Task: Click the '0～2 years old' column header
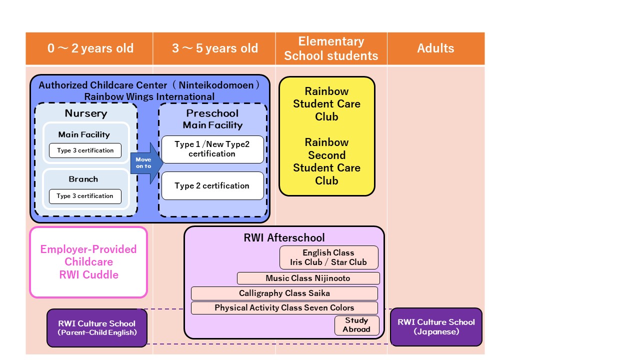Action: tap(90, 48)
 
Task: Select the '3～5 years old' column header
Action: tap(214, 48)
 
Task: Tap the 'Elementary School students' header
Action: tap(331, 48)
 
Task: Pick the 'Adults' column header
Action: tap(435, 48)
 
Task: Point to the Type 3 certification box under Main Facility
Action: tap(85, 150)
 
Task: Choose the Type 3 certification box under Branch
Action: tap(85, 196)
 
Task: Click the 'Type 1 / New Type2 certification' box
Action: tap(212, 149)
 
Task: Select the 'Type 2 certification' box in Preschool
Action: tap(212, 185)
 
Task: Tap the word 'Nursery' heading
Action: tap(85, 113)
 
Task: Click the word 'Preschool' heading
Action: tap(212, 113)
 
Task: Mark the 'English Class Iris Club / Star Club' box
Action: tap(328, 257)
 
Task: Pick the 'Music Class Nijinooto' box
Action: tap(308, 278)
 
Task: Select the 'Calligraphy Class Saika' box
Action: tap(284, 293)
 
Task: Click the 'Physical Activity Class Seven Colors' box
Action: tap(284, 308)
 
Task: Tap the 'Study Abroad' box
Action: tap(356, 325)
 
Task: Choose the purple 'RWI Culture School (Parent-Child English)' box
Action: tap(97, 327)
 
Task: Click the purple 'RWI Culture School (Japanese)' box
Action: tap(436, 326)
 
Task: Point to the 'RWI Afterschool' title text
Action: tap(284, 238)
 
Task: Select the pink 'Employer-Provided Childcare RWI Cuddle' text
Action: tap(88, 262)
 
